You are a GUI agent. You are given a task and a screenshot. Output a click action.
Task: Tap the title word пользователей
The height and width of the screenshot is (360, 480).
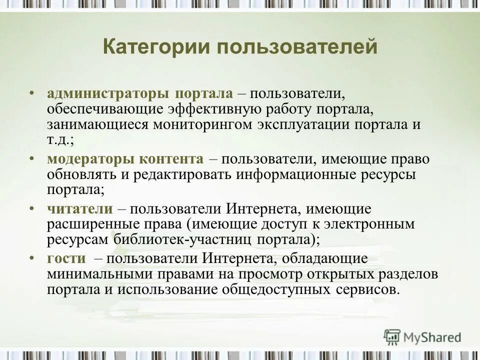(296, 48)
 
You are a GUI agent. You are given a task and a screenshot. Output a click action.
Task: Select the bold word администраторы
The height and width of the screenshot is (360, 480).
(109, 94)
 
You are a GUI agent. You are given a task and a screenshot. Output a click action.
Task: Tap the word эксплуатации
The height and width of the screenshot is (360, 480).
(302, 125)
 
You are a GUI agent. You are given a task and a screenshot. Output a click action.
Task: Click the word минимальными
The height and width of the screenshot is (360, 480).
(99, 274)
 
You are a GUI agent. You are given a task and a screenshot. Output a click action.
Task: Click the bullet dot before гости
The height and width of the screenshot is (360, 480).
(32, 257)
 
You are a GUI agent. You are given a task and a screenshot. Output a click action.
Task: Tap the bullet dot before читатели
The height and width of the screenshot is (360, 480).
(32, 208)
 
